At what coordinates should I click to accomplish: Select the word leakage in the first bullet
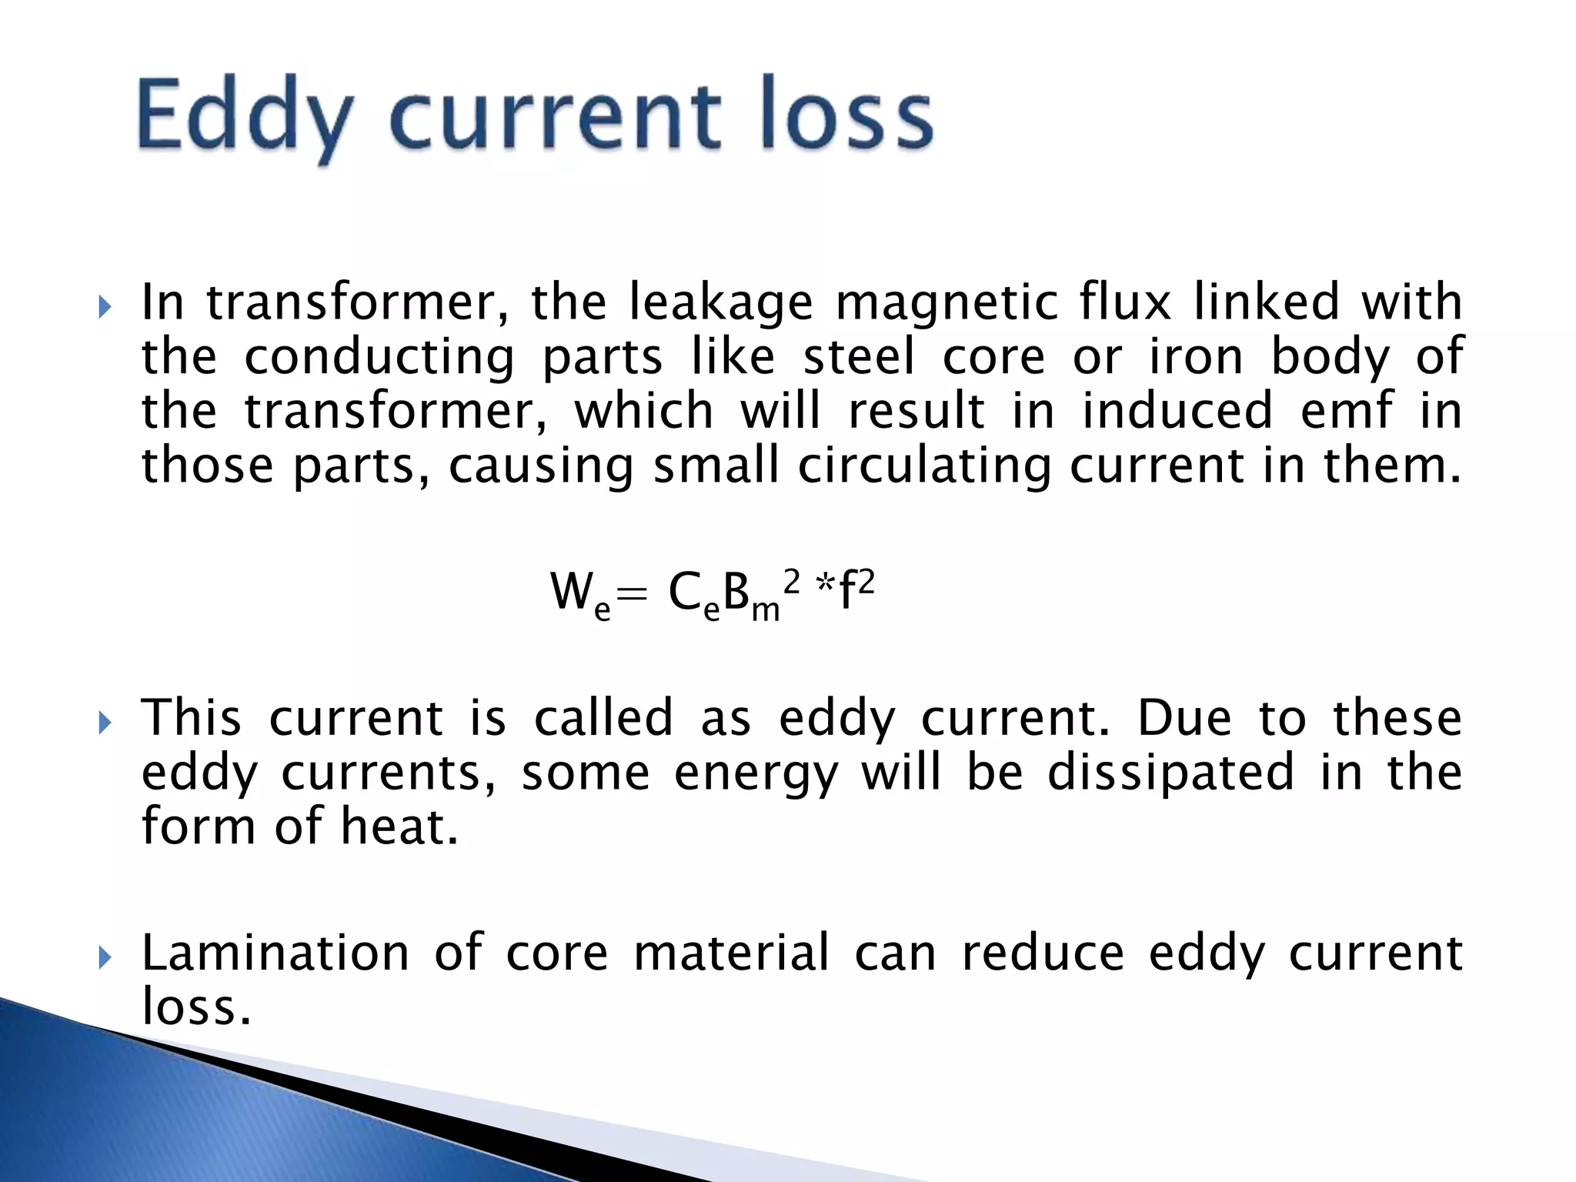point(720,302)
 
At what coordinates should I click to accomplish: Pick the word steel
point(859,356)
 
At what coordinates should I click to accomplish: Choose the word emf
point(1346,410)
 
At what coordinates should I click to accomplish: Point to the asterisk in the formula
point(826,589)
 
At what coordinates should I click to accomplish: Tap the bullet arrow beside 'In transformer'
point(105,309)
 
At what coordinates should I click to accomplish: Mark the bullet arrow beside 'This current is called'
point(105,724)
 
